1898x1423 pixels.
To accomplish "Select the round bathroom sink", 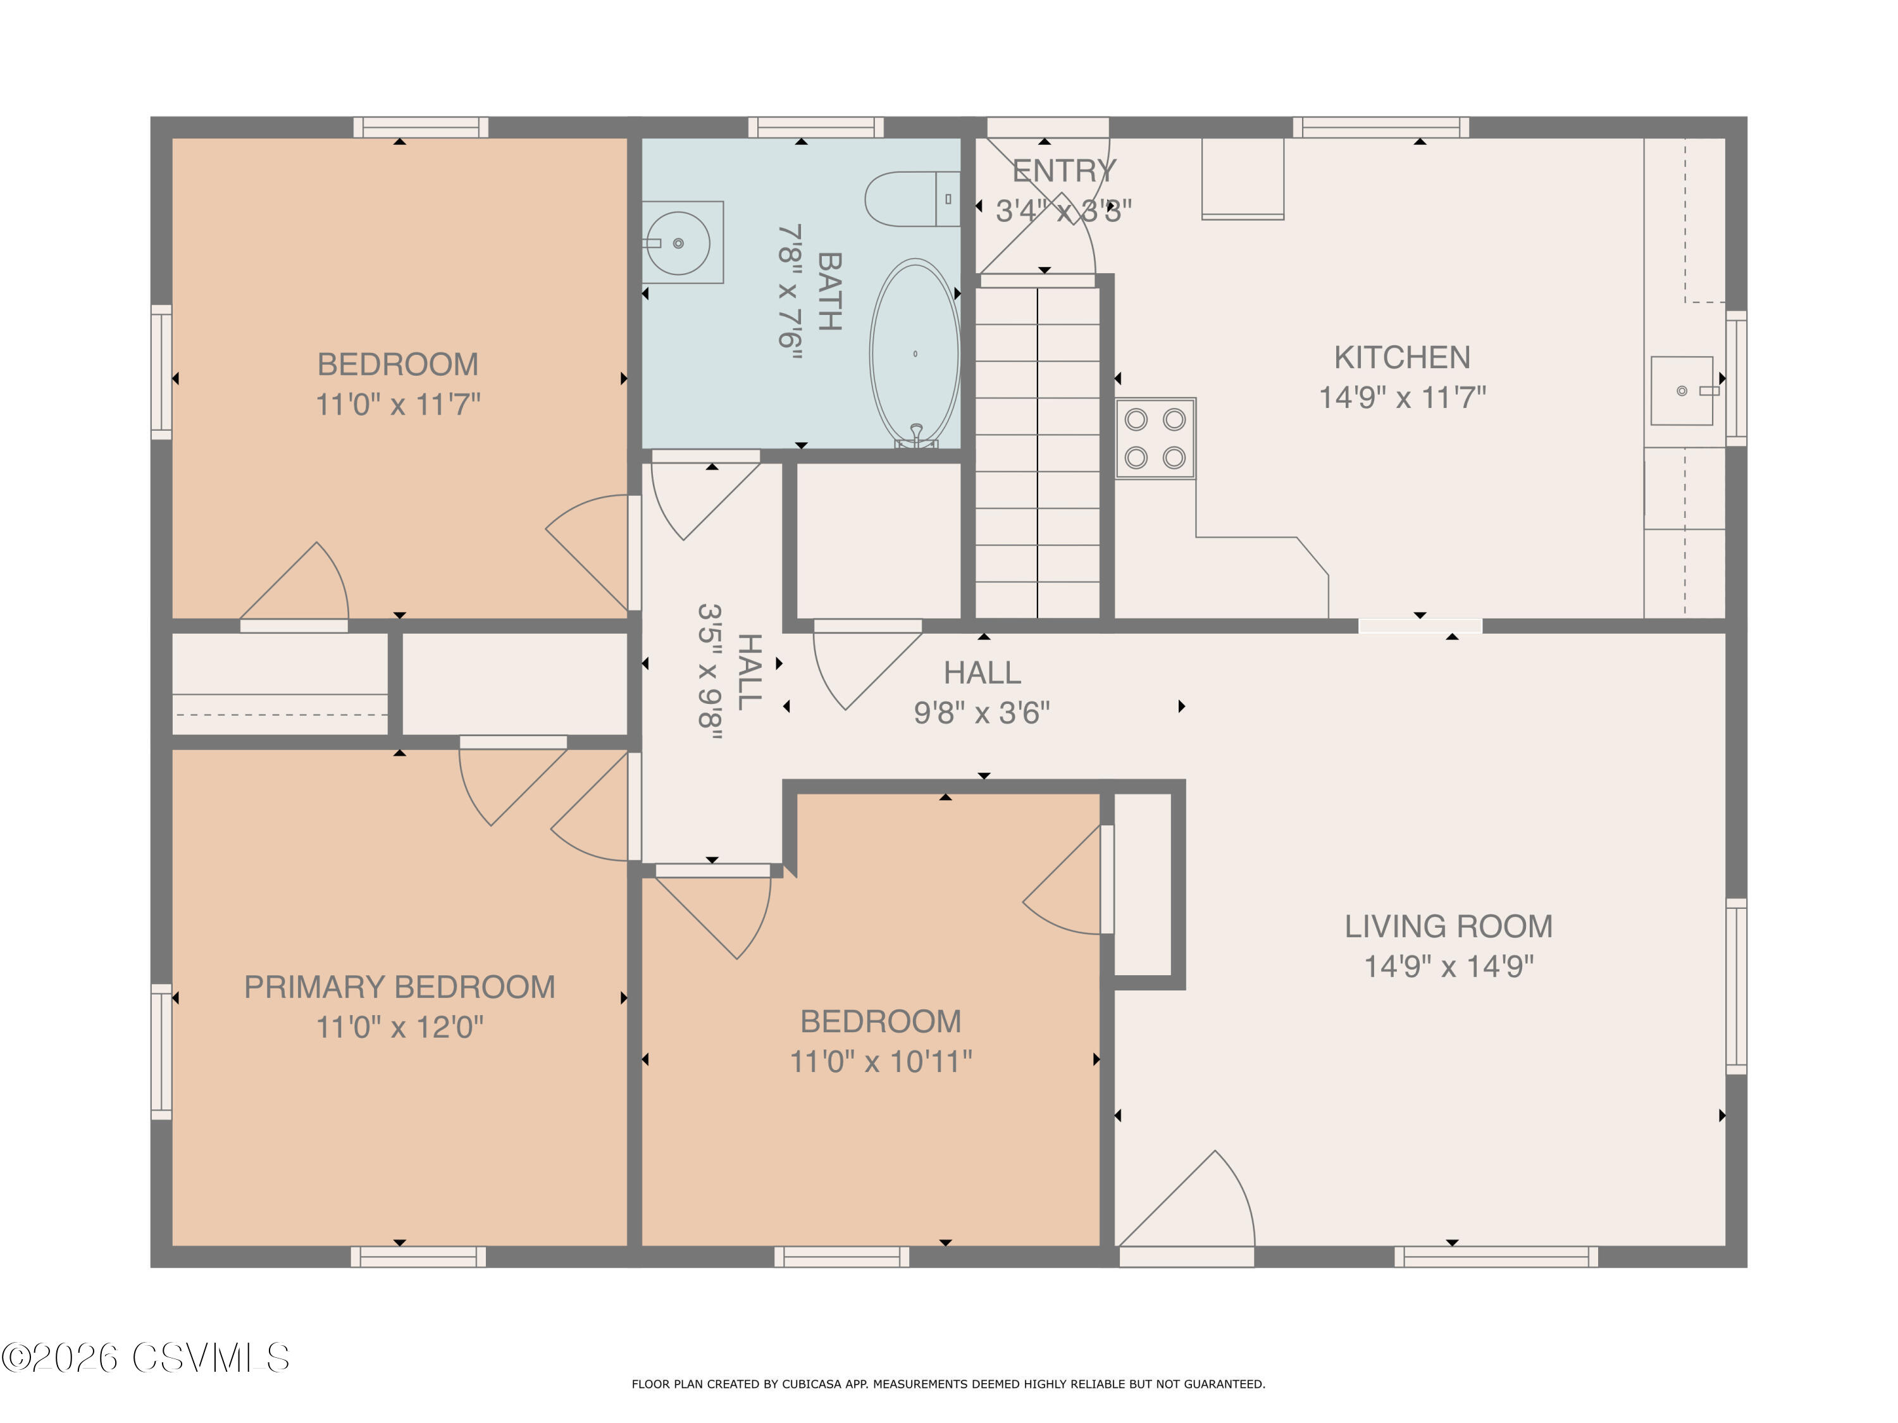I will tap(678, 243).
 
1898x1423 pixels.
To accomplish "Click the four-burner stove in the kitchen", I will tap(1155, 438).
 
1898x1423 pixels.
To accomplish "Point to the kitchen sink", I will tap(1682, 391).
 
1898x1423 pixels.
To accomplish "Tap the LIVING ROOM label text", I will tap(1448, 927).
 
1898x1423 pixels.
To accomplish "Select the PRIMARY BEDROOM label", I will tap(399, 987).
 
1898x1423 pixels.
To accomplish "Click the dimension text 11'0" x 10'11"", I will tap(881, 1062).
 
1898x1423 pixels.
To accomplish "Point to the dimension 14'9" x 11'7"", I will tap(1401, 398).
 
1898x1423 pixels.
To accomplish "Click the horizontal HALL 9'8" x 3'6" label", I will tap(982, 692).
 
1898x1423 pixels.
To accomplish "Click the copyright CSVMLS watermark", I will tap(146, 1358).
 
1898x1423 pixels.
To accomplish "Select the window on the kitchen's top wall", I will tap(1380, 128).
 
